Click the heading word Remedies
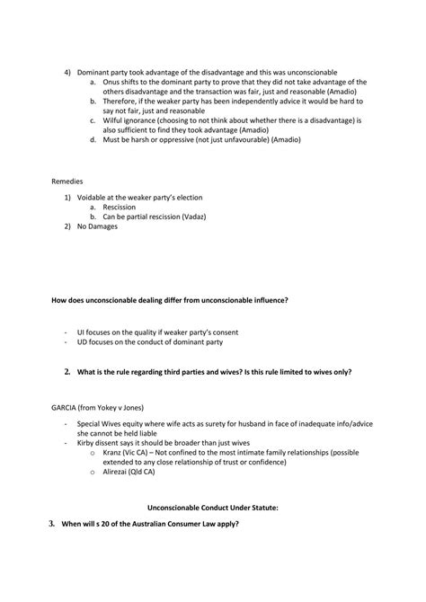point(67,181)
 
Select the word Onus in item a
point(111,81)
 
